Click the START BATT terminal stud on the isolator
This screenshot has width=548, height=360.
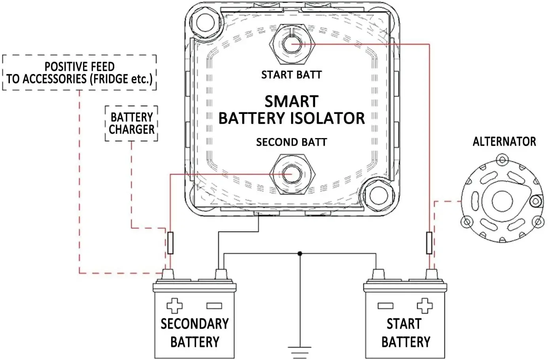(x=291, y=44)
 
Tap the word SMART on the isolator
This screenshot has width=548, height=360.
(x=291, y=102)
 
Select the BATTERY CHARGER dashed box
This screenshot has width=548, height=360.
(x=132, y=123)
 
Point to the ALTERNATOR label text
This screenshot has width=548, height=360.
(x=504, y=142)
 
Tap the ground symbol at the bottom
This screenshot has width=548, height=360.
(x=300, y=351)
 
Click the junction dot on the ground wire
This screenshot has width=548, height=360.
(x=300, y=253)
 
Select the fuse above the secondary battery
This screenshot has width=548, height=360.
(x=170, y=243)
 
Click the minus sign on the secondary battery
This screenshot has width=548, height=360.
(x=214, y=306)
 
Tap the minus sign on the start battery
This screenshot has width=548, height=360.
(x=385, y=306)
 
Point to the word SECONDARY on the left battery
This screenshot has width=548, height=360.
(x=195, y=324)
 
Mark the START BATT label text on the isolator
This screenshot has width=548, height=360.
(x=291, y=75)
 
